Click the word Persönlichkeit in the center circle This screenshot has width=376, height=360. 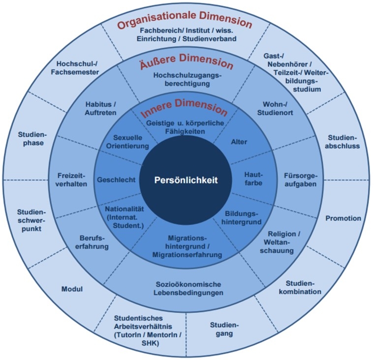click(x=187, y=180)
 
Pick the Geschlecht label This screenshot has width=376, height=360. click(x=116, y=180)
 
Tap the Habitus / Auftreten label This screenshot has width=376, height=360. click(x=100, y=108)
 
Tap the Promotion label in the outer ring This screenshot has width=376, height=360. click(x=343, y=218)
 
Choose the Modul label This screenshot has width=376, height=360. click(x=72, y=289)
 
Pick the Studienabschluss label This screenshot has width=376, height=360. click(x=343, y=142)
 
